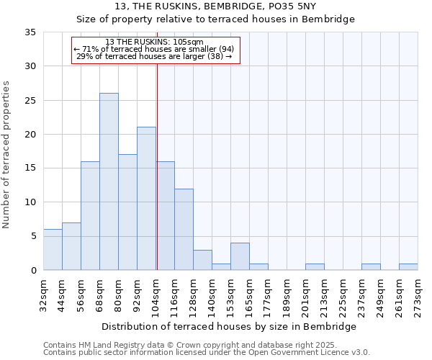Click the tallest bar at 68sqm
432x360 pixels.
coord(109,181)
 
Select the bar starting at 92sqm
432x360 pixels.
coord(146,199)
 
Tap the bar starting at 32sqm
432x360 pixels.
coord(53,250)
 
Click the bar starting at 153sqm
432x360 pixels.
coord(240,256)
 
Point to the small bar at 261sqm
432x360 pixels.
coord(408,266)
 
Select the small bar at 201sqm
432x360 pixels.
coord(315,266)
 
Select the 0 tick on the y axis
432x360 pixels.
coord(34,271)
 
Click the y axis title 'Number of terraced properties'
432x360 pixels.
coord(7,155)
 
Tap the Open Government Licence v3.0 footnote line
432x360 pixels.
coord(207,353)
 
